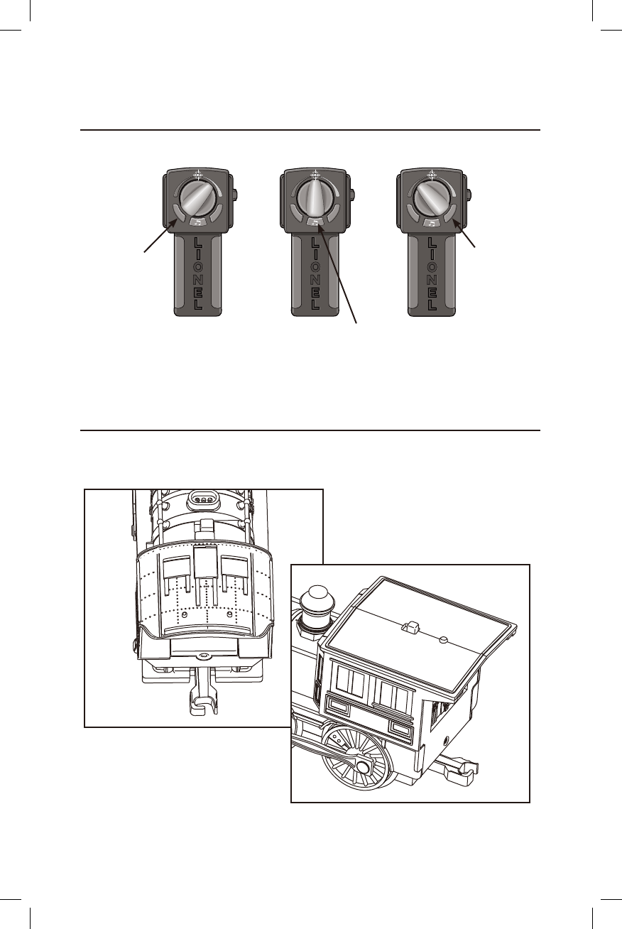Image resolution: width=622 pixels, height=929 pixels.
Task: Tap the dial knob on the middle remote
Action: point(315,200)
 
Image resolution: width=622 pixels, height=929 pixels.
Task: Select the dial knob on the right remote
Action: point(431,200)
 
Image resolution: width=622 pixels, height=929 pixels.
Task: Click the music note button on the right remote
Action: point(432,223)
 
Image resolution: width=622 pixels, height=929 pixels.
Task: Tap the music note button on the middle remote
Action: point(315,223)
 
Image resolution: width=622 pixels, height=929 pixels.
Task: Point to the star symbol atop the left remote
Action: point(198,175)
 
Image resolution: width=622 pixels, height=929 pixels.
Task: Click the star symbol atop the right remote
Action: point(432,175)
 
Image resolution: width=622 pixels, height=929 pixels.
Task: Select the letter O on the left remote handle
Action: point(199,268)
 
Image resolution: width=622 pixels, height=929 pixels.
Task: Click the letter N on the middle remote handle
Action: point(315,281)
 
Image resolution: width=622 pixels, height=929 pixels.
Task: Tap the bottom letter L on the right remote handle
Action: point(432,305)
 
